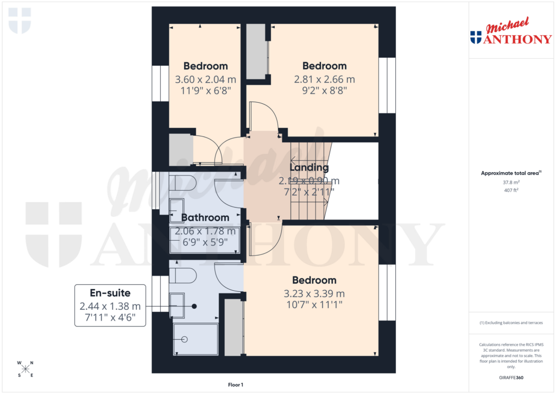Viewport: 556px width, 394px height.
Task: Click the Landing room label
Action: click(x=309, y=167)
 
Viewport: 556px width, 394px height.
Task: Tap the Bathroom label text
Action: click(x=205, y=217)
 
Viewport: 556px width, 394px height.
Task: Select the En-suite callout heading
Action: click(x=110, y=293)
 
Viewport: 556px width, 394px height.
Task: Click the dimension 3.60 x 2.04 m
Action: click(x=205, y=79)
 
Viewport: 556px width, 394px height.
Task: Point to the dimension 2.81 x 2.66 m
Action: click(x=324, y=79)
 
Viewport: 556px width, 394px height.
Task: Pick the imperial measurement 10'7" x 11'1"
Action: click(x=314, y=305)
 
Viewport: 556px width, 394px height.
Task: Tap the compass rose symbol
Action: click(x=26, y=369)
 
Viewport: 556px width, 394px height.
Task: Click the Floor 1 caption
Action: click(x=236, y=385)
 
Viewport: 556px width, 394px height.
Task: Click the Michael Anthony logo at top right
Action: click(x=510, y=32)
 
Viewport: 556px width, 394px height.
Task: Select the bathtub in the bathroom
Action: click(x=205, y=240)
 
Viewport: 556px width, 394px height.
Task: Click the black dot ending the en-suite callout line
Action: click(x=194, y=306)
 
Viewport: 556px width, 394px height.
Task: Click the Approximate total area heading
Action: click(x=510, y=173)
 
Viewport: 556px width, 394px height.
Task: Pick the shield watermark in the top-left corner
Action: click(x=20, y=20)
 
